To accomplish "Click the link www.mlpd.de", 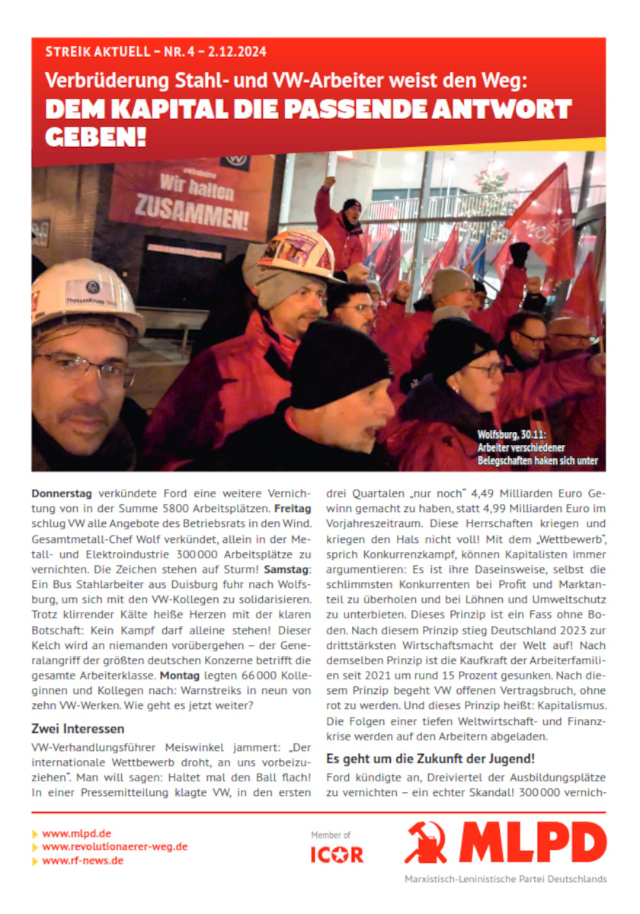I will coord(76,833).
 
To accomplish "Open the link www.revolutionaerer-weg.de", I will coord(114,846).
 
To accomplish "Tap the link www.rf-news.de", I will coord(83,860).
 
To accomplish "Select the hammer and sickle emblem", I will coord(426,842).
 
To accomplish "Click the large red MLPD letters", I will coord(533,842).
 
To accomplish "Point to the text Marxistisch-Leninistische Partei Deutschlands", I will coord(505,878).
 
